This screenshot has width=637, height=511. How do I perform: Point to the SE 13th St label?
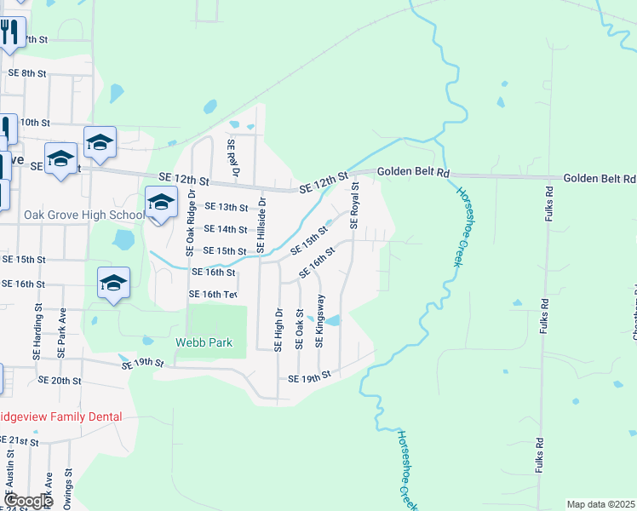226,207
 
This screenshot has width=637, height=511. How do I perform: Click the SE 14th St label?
226,229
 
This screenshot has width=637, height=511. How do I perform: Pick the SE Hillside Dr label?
262,225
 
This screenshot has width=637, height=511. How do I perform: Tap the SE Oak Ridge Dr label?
191,229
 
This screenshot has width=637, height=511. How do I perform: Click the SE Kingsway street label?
320,321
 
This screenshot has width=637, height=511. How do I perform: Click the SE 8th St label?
26,73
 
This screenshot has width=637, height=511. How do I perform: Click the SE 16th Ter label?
212,295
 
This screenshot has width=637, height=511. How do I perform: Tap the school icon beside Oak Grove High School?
160,203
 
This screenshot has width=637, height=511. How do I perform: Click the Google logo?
27,501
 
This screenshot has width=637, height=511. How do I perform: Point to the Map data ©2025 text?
600,504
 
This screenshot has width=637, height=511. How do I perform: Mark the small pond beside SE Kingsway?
333,321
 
